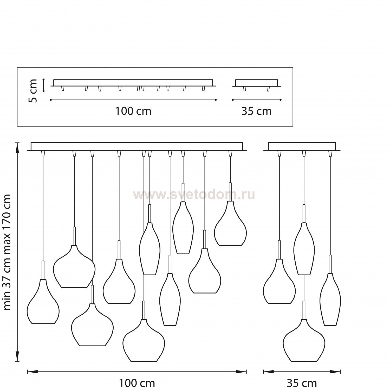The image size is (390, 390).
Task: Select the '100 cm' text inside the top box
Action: pyautogui.click(x=133, y=111)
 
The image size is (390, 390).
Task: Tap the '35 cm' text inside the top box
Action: pyautogui.click(x=256, y=111)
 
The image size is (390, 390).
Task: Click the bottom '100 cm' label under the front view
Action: pyautogui.click(x=137, y=383)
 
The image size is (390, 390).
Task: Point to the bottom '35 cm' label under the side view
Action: pyautogui.click(x=302, y=383)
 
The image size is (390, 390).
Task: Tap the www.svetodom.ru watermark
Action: pyautogui.click(x=194, y=195)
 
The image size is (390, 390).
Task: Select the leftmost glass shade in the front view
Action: pyautogui.click(x=43, y=302)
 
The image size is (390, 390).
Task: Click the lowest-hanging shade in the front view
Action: pyautogui.click(x=144, y=341)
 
